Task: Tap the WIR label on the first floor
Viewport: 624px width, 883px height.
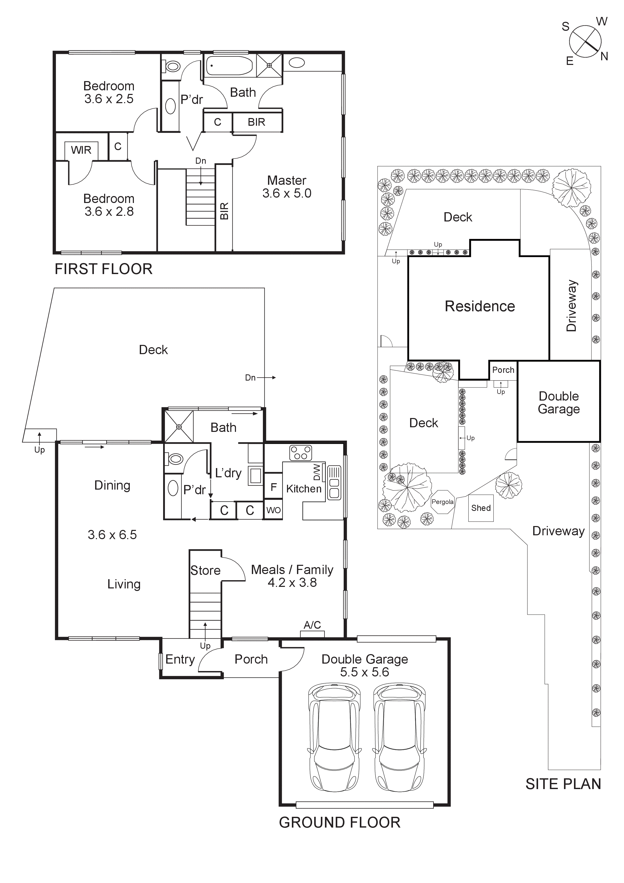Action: [x=81, y=150]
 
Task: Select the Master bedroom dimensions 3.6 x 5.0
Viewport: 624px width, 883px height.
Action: [x=287, y=193]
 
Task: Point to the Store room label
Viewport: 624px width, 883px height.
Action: [x=205, y=570]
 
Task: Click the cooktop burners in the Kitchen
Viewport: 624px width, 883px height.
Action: [x=301, y=453]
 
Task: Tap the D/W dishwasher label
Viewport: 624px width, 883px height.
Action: [x=317, y=472]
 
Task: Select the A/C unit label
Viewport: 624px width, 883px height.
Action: [x=312, y=625]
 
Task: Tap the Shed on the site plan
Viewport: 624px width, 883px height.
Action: [x=481, y=508]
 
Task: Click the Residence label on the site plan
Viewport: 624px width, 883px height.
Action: [x=479, y=306]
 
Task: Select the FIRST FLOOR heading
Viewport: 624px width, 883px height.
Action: [x=103, y=269]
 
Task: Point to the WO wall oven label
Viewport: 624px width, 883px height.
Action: [x=273, y=510]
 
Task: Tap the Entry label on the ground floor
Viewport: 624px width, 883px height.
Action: [x=180, y=659]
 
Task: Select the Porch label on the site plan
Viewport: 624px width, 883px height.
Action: [x=503, y=370]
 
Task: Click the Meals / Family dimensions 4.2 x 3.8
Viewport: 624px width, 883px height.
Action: [x=292, y=583]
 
